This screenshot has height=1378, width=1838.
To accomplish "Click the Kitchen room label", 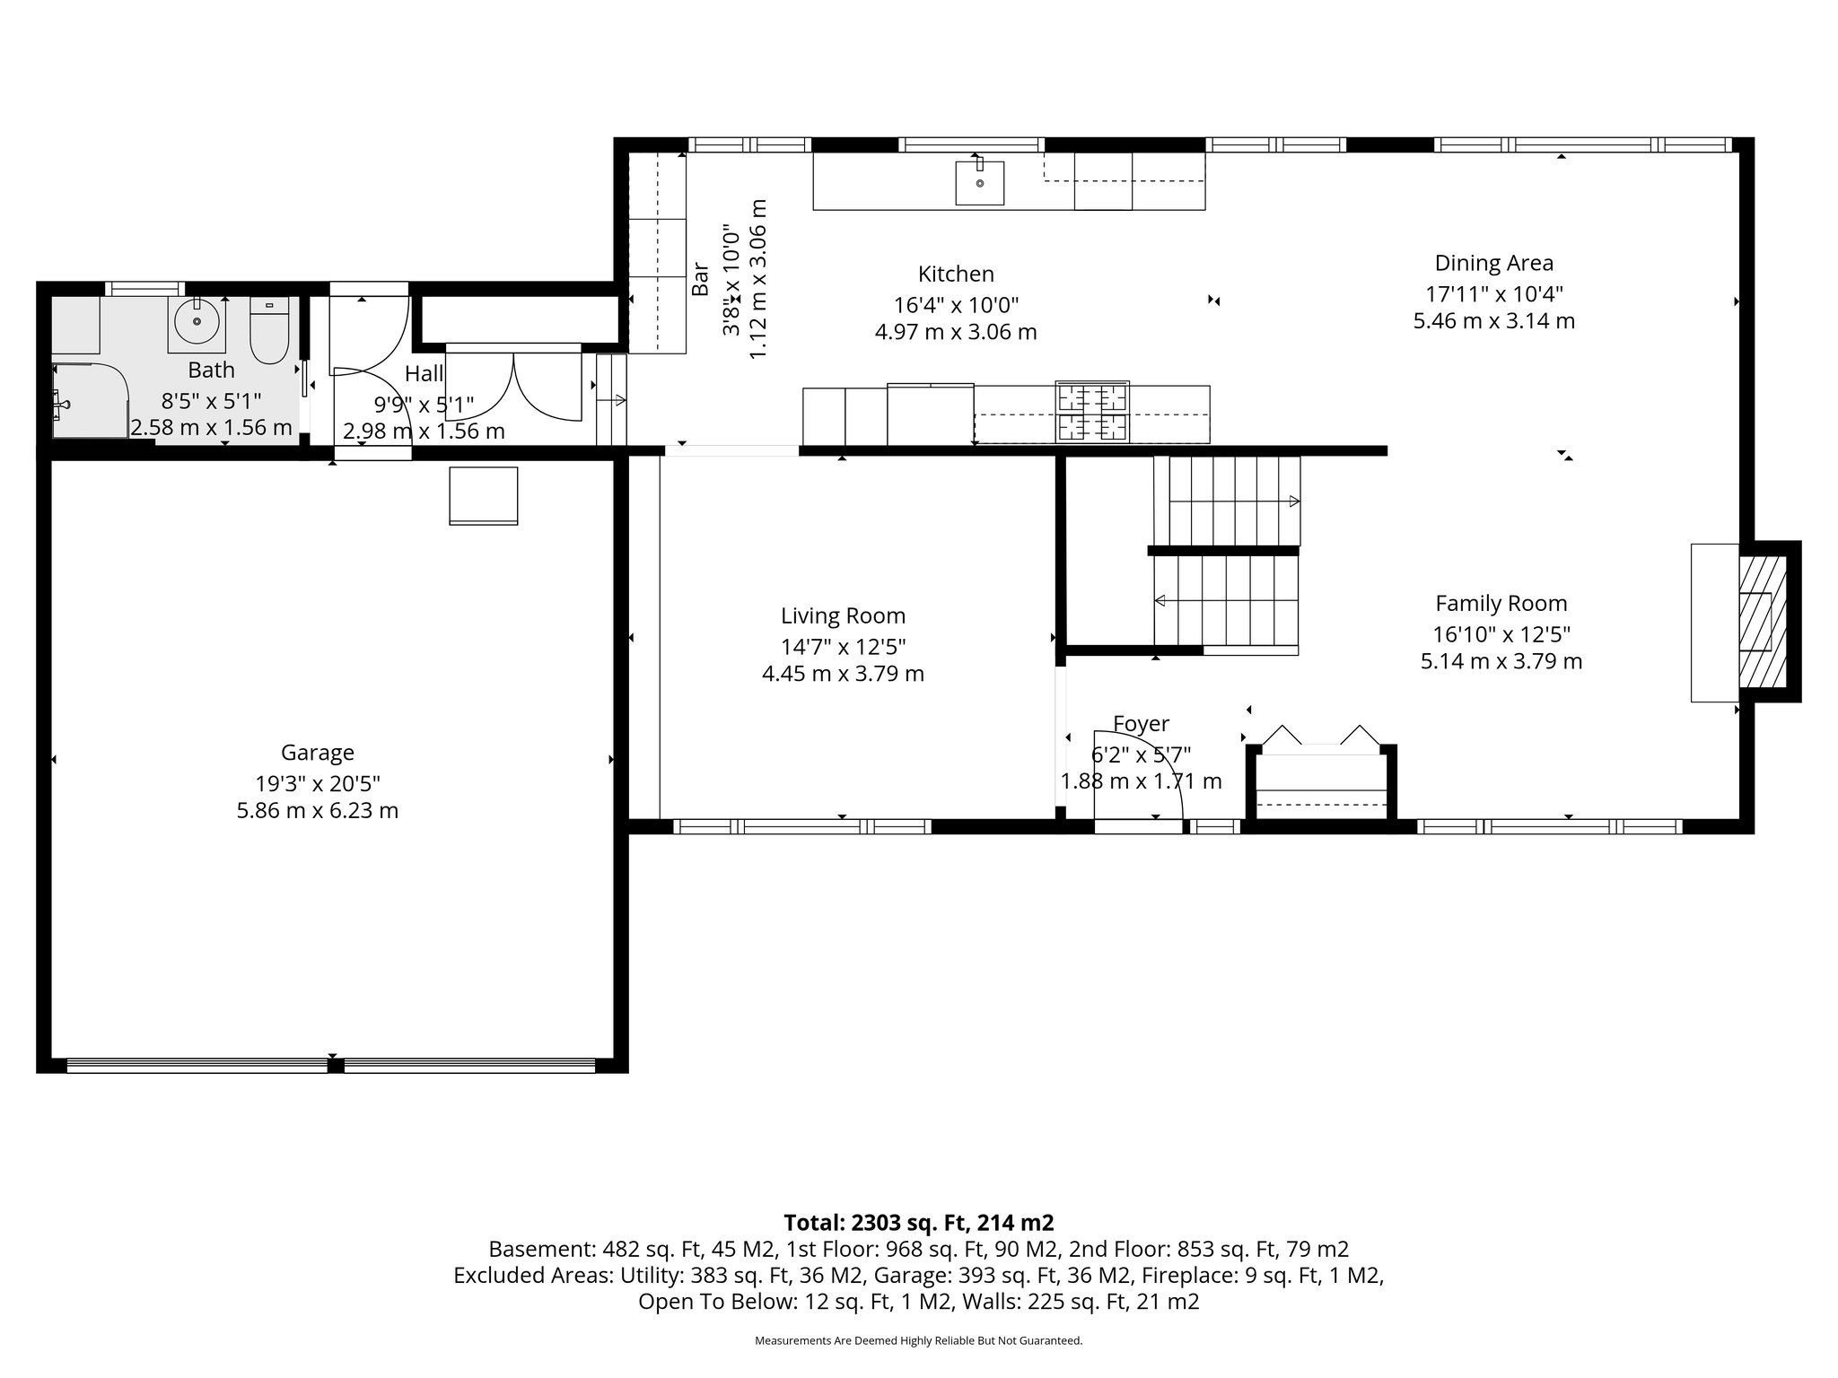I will click(956, 275).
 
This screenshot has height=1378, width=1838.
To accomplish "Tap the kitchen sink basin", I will click(979, 183).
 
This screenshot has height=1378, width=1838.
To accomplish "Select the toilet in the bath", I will click(268, 333).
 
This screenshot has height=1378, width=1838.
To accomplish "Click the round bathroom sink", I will click(195, 323).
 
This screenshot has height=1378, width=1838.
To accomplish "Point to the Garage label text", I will click(317, 753).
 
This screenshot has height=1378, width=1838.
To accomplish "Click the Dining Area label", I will click(1493, 264).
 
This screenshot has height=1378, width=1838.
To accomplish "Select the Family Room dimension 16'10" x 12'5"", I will click(1501, 635).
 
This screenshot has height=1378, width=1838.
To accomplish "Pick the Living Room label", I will click(843, 616).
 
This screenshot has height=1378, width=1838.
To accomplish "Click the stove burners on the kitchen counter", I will click(1092, 412).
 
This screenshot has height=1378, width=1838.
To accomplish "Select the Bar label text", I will click(700, 278).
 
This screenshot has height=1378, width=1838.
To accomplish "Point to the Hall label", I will click(424, 374).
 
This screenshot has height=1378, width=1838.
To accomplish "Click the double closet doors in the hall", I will click(514, 386).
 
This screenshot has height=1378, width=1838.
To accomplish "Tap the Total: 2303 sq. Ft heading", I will click(918, 1223).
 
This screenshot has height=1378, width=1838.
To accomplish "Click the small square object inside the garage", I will click(483, 495).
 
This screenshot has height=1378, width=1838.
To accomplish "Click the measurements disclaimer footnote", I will click(918, 1340).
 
